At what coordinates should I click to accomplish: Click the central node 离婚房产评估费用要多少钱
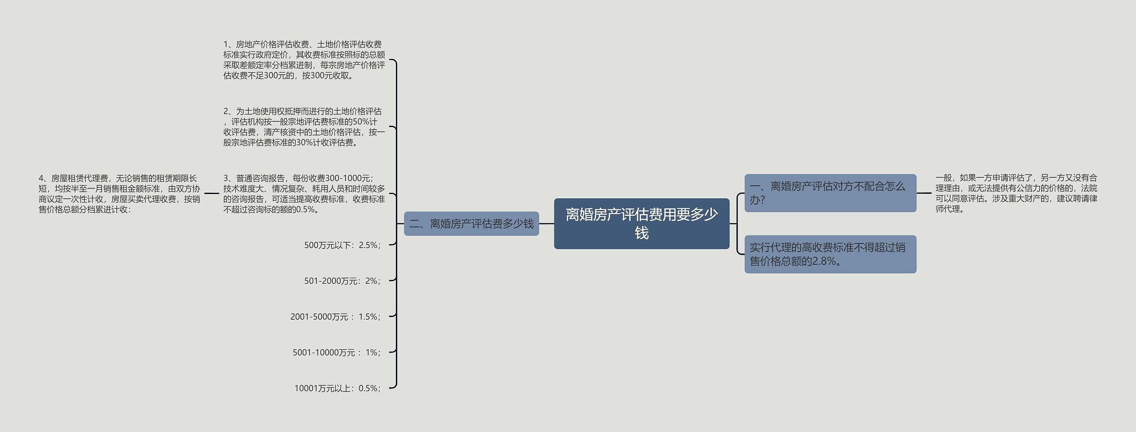point(641,223)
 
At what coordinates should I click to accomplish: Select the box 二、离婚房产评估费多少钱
point(471,223)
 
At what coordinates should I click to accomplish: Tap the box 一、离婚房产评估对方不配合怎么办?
point(830,193)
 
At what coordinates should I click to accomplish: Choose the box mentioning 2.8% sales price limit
point(830,254)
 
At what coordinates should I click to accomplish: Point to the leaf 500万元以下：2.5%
point(342,245)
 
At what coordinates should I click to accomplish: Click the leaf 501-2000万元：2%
point(342,281)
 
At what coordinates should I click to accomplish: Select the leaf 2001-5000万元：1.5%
point(335,317)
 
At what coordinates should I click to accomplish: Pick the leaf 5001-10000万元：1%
point(336,353)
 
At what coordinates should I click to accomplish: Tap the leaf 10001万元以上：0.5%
point(337,388)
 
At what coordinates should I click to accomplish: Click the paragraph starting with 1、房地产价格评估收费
point(304,60)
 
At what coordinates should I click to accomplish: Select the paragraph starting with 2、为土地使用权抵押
point(304,127)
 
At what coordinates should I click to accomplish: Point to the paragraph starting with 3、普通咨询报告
point(304,194)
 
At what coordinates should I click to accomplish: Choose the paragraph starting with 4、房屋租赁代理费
point(119,194)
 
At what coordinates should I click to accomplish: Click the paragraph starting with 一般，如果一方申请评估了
point(1016,193)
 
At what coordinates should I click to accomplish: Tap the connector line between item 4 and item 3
point(212,194)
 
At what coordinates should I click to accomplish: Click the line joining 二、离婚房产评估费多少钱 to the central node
point(546,224)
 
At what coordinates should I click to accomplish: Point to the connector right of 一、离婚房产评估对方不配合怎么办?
point(924,193)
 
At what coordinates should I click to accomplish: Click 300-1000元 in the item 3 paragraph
point(347,178)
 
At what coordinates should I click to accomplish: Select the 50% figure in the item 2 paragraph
point(361,122)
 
